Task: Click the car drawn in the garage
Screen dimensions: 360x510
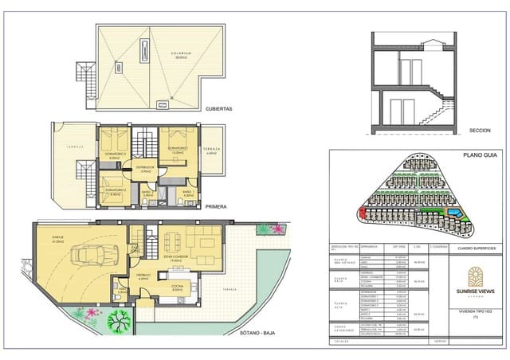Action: [94, 256]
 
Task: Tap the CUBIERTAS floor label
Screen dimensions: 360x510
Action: [219, 110]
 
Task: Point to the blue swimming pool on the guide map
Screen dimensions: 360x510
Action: [454, 214]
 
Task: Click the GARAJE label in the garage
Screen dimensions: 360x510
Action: [58, 237]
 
